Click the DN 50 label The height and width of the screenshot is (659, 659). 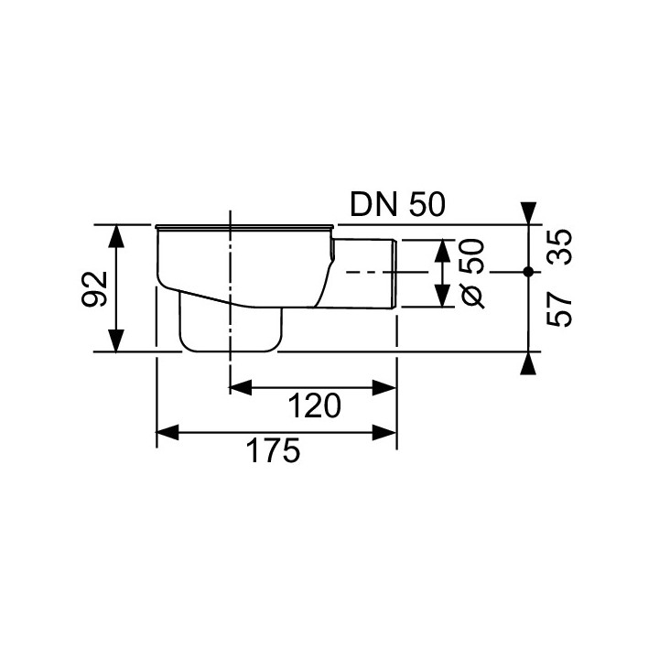pyautogui.click(x=397, y=205)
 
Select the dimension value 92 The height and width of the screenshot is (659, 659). pyautogui.click(x=95, y=288)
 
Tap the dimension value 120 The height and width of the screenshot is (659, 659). pyautogui.click(x=314, y=406)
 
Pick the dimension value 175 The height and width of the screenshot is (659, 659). pyautogui.click(x=273, y=450)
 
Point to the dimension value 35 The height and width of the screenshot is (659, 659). pyautogui.click(x=559, y=247)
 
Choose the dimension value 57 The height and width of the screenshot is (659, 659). pyautogui.click(x=559, y=309)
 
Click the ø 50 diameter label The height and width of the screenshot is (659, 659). pyautogui.click(x=472, y=274)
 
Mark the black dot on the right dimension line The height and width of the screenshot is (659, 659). pyautogui.click(x=528, y=272)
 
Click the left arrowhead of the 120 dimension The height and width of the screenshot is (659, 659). pyautogui.click(x=241, y=387)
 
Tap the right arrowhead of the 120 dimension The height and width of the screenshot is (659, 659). pyautogui.click(x=384, y=387)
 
